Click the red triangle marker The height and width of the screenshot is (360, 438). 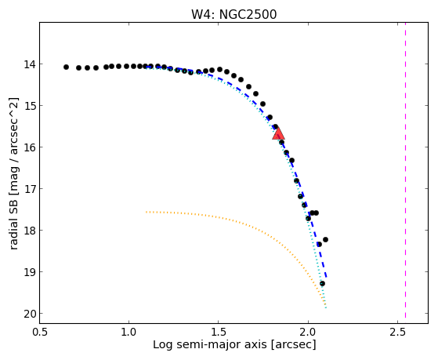click(x=278, y=133)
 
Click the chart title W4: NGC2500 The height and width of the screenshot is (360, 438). click(x=233, y=14)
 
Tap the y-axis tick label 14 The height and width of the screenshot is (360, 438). click(x=30, y=64)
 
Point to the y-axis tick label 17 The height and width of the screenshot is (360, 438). click(x=30, y=189)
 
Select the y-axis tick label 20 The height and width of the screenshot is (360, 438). click(x=30, y=314)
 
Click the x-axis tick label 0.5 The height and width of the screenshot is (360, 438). click(x=39, y=332)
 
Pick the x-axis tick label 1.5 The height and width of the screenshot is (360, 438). click(x=218, y=332)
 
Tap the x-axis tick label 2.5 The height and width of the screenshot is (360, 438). click(x=397, y=332)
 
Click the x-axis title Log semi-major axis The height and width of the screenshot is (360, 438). click(x=210, y=345)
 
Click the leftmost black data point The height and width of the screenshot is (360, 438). click(x=66, y=67)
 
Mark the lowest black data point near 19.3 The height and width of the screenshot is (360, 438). click(x=322, y=284)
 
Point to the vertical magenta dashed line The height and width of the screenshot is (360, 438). click(x=405, y=170)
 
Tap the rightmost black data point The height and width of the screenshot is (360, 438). click(x=325, y=239)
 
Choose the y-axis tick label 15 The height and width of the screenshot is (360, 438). click(x=30, y=106)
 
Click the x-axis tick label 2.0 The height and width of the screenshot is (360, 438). click(x=308, y=332)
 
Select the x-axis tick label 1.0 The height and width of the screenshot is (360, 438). click(x=129, y=332)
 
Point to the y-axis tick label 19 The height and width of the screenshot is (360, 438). click(x=30, y=272)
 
